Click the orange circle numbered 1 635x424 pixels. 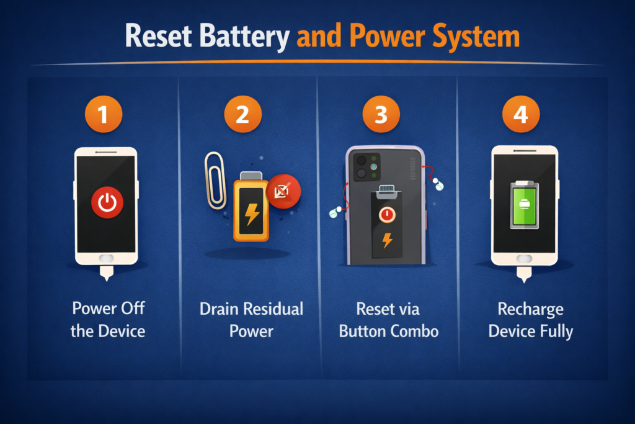point(104,114)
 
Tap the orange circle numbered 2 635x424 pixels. point(242,114)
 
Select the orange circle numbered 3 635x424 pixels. point(381,114)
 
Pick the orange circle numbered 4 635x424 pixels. point(521,114)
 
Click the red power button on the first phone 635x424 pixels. point(107,202)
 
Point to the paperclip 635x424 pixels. point(215,181)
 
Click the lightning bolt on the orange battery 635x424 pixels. point(252,214)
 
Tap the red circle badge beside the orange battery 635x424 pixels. point(283,191)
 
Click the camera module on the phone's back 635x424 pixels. point(367,166)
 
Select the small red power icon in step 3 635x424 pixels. point(387,214)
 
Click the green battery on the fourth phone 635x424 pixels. point(525,205)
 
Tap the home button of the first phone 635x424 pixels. point(107,258)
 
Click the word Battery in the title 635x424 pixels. point(244,37)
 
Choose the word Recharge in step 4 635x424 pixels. point(531,310)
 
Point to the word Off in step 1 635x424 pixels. point(133,308)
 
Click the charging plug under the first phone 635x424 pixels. point(107,273)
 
